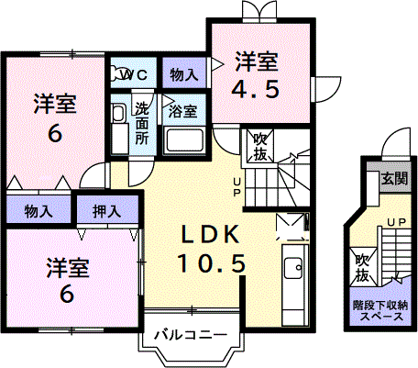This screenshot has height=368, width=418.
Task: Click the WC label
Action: click(x=135, y=74)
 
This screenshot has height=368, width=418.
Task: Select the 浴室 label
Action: click(x=182, y=111)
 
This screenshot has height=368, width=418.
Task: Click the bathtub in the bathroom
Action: click(x=184, y=140)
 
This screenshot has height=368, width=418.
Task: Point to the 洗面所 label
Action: click(x=142, y=123)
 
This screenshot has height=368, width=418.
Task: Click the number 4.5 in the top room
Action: click(x=256, y=89)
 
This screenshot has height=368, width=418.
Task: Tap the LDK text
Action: click(x=210, y=234)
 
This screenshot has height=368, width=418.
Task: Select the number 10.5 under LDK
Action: click(x=212, y=263)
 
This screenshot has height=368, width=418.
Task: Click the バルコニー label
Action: click(x=191, y=335)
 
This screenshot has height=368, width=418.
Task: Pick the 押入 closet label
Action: click(x=106, y=211)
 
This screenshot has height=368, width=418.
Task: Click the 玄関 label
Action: click(x=395, y=179)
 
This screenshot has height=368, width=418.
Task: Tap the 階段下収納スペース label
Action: click(x=380, y=310)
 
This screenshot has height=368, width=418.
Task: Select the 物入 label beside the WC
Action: click(x=183, y=74)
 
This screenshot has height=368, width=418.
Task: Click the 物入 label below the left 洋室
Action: click(x=38, y=211)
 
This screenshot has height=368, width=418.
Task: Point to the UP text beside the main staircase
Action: click(x=237, y=187)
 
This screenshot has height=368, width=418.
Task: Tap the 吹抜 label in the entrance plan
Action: click(x=362, y=268)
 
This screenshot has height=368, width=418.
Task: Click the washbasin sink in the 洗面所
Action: click(x=119, y=113)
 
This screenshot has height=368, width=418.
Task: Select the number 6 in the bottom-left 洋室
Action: click(x=67, y=294)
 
